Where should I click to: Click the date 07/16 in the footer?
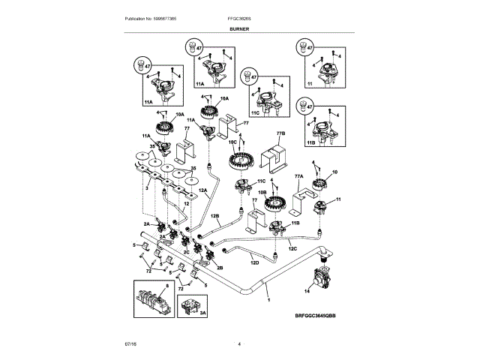(130, 344)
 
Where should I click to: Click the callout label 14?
(307, 290)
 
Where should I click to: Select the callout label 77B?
(280, 133)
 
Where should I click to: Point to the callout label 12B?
(214, 216)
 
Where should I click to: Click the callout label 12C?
(292, 248)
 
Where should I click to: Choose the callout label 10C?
(232, 141)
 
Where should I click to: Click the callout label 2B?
(219, 267)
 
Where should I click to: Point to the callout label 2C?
(185, 252)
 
